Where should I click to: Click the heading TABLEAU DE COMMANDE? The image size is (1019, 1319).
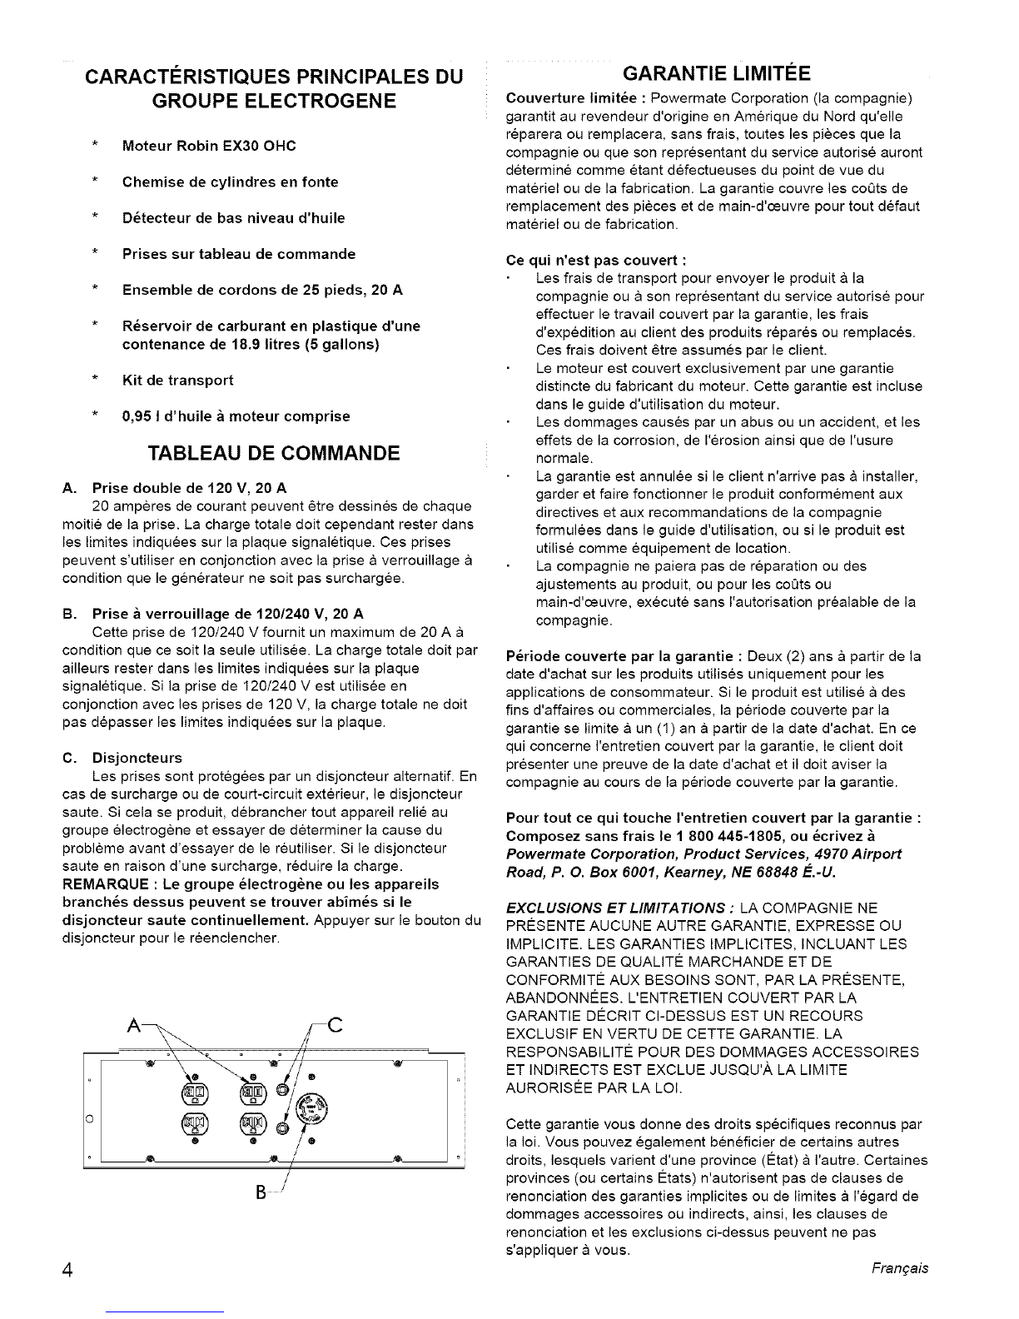[273, 453]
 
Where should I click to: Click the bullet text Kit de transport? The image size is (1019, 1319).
[177, 381]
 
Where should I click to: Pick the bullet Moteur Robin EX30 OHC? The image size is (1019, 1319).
[208, 146]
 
